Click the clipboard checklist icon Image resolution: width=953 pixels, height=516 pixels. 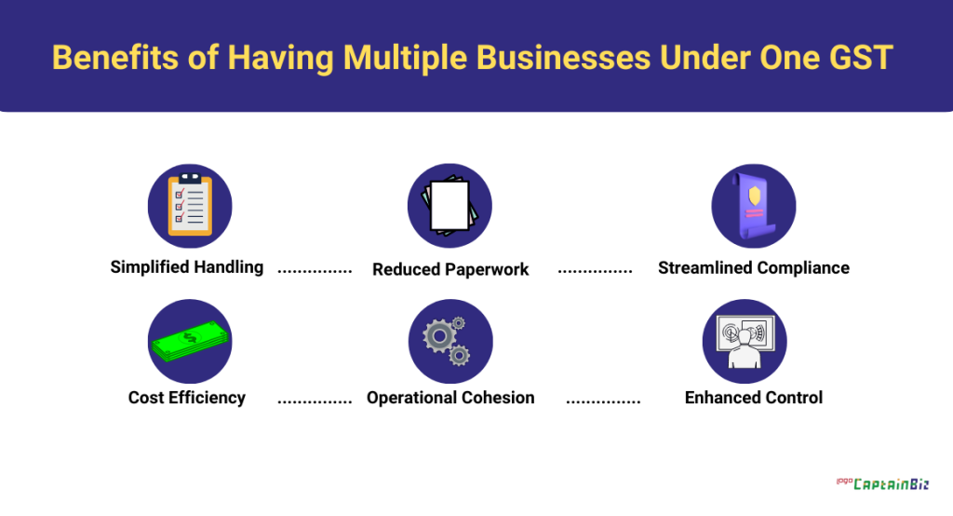click(x=190, y=205)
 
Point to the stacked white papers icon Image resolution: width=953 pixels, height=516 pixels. click(x=450, y=205)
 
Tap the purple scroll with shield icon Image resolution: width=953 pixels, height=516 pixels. click(x=753, y=206)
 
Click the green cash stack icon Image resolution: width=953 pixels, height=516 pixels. click(x=190, y=341)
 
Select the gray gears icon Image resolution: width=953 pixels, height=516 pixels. click(x=450, y=341)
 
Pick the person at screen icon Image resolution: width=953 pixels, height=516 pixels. click(x=745, y=341)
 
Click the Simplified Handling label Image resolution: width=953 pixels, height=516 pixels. click(x=187, y=267)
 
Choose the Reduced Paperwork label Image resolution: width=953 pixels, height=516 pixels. click(x=450, y=269)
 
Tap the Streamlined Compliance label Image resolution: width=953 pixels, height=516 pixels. click(x=754, y=268)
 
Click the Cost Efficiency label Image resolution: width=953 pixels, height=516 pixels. click(x=187, y=398)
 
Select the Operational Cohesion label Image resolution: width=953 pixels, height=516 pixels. click(x=450, y=398)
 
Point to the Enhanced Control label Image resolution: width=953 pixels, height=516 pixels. click(x=754, y=398)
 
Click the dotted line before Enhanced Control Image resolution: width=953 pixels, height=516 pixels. click(x=603, y=402)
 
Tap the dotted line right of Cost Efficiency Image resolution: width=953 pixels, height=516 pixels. click(x=315, y=402)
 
